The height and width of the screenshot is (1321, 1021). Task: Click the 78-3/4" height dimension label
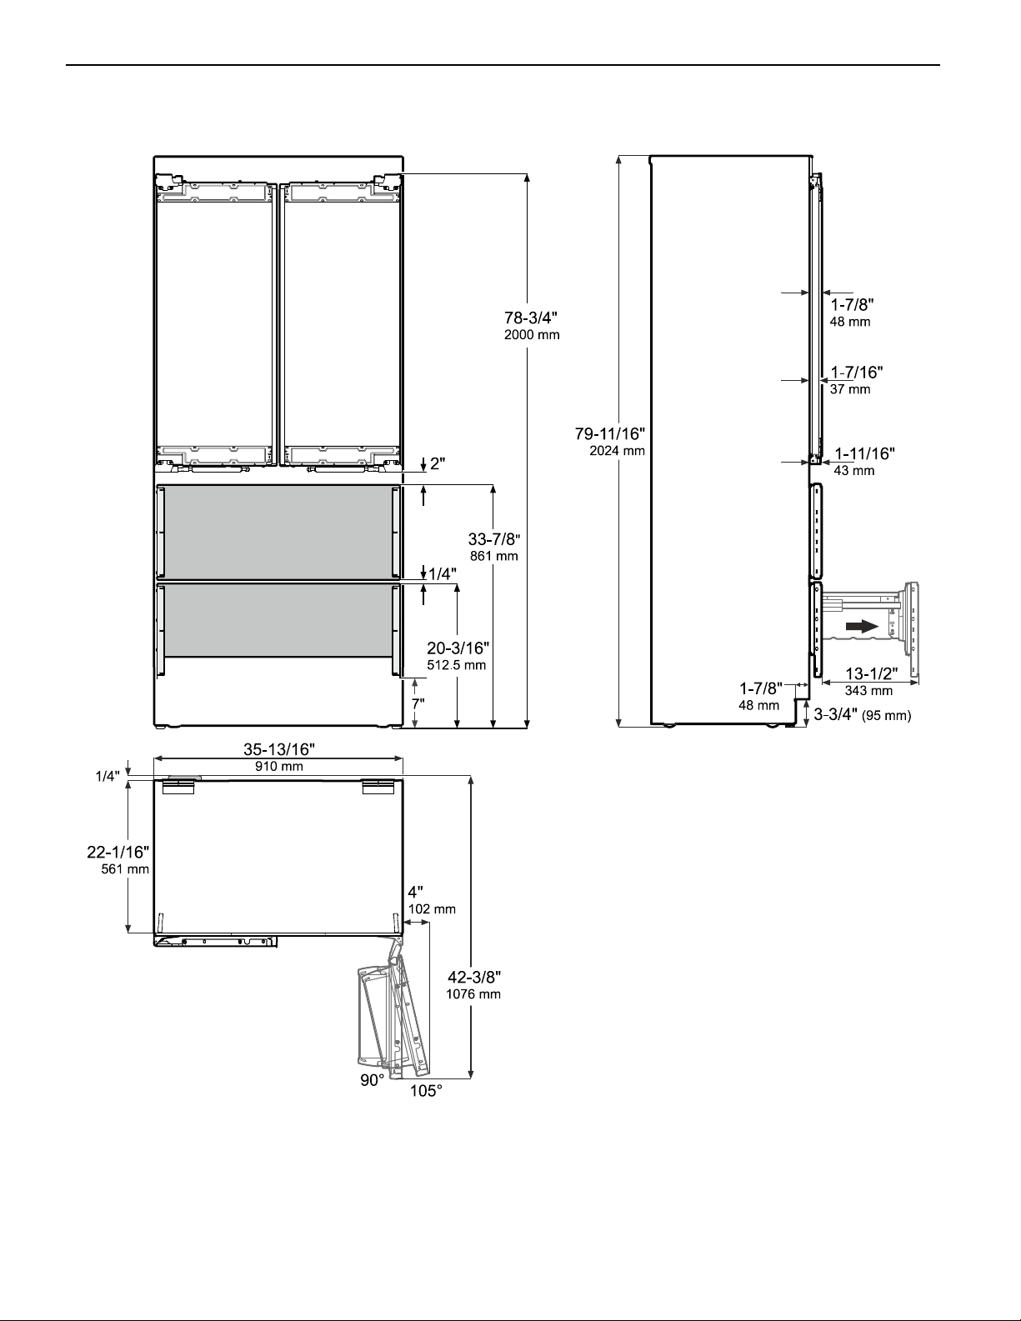click(531, 318)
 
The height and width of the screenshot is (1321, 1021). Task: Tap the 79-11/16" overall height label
click(610, 433)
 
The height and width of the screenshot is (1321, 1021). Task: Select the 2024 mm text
click(617, 450)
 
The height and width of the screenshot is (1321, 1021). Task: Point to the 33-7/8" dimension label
click(494, 539)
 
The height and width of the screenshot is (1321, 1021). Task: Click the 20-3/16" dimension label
click(458, 648)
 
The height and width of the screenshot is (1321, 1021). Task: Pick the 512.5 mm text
click(457, 665)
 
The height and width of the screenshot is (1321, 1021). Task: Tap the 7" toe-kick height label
click(418, 704)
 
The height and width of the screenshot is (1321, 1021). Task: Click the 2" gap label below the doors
click(438, 464)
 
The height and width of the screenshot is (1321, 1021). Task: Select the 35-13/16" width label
click(279, 749)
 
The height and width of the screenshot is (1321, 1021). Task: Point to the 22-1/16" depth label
click(118, 853)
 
